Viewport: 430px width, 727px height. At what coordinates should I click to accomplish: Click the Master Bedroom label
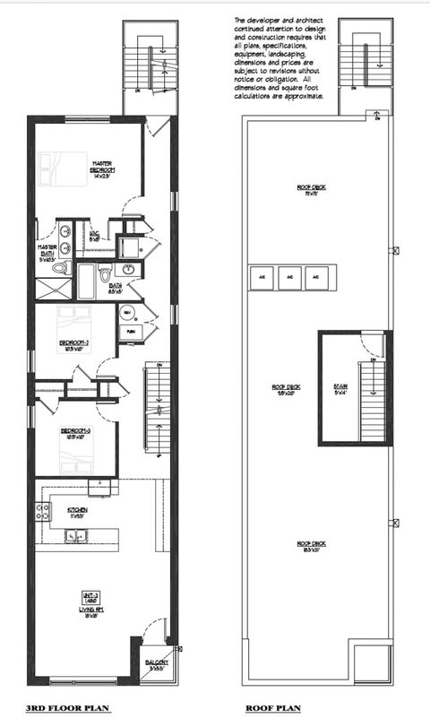tap(100, 167)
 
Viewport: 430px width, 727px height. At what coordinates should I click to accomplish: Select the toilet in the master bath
tap(61, 267)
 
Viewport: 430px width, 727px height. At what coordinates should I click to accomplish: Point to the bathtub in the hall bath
tap(86, 281)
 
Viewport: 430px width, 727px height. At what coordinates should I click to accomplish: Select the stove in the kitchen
tap(41, 512)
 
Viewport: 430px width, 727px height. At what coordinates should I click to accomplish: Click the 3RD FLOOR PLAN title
tap(68, 708)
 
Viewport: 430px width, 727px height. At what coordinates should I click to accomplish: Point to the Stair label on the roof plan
tap(340, 387)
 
